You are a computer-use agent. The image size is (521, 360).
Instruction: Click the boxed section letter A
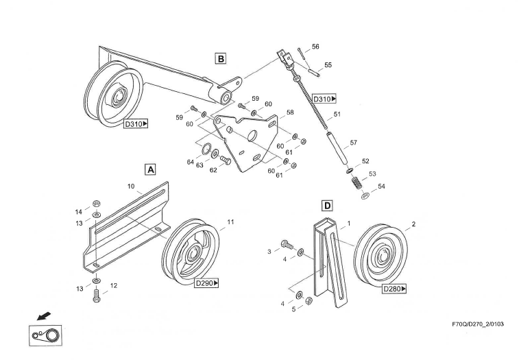[151, 168]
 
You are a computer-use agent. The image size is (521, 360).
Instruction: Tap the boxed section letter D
[327, 205]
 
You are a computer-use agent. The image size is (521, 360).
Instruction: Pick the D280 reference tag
[394, 289]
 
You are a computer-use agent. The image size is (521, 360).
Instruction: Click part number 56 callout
[315, 47]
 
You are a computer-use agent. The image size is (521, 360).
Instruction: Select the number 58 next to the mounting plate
[290, 112]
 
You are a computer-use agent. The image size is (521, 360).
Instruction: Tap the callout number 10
[130, 186]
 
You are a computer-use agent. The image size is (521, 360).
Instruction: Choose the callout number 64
[191, 163]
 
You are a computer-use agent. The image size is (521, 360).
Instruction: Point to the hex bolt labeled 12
[96, 296]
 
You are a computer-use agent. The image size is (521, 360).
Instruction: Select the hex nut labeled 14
[96, 204]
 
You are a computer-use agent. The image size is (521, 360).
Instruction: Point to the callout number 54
[381, 187]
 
